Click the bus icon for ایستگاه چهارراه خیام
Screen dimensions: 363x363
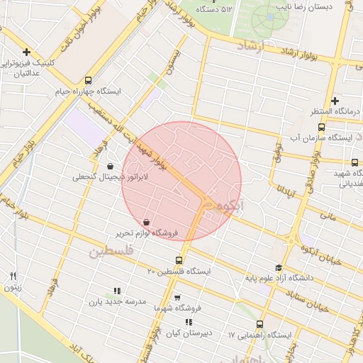(x=88, y=80)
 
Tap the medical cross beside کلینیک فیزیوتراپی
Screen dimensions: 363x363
(x=27, y=52)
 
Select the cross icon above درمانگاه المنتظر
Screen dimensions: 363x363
(x=335, y=101)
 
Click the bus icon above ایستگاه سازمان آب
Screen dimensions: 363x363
(x=321, y=128)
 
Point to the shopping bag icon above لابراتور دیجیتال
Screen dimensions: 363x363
(x=110, y=166)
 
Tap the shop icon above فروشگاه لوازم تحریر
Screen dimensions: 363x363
(x=146, y=222)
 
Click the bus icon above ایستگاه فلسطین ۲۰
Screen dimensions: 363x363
(x=179, y=260)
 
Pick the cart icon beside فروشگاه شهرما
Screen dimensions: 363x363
(x=177, y=298)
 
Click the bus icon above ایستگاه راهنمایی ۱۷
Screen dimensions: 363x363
(x=259, y=323)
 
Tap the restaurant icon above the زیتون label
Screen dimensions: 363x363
(x=13, y=276)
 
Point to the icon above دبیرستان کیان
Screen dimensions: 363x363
(x=188, y=322)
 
